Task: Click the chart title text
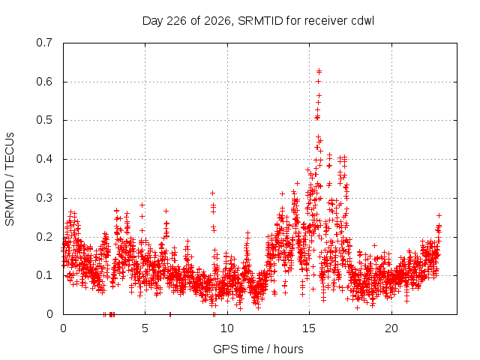[258, 21]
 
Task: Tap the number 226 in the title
[176, 21]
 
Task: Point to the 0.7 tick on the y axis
[44, 43]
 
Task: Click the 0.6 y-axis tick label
[44, 82]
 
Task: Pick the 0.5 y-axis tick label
[44, 120]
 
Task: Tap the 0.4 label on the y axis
[44, 159]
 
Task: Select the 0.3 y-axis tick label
[44, 198]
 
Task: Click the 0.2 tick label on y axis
[44, 237]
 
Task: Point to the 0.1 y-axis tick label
[44, 275]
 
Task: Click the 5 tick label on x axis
[145, 328]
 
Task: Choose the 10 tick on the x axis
[227, 328]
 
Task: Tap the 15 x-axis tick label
[309, 328]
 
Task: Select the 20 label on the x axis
[391, 328]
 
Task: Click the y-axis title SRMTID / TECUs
[10, 179]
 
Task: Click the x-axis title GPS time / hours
[258, 349]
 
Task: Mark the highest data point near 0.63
[319, 71]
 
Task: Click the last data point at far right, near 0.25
[439, 215]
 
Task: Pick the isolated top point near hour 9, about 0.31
[212, 193]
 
